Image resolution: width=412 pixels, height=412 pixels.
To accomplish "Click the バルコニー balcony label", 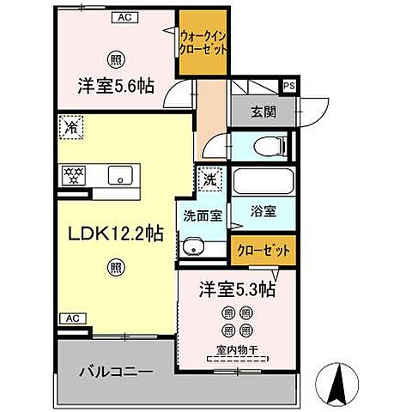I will [x=117, y=373].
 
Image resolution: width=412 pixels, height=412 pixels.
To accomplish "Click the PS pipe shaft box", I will [x=288, y=84].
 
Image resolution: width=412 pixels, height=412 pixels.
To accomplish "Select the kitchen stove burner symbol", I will [x=72, y=175].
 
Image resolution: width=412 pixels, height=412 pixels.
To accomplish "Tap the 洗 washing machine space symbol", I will [x=209, y=180].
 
